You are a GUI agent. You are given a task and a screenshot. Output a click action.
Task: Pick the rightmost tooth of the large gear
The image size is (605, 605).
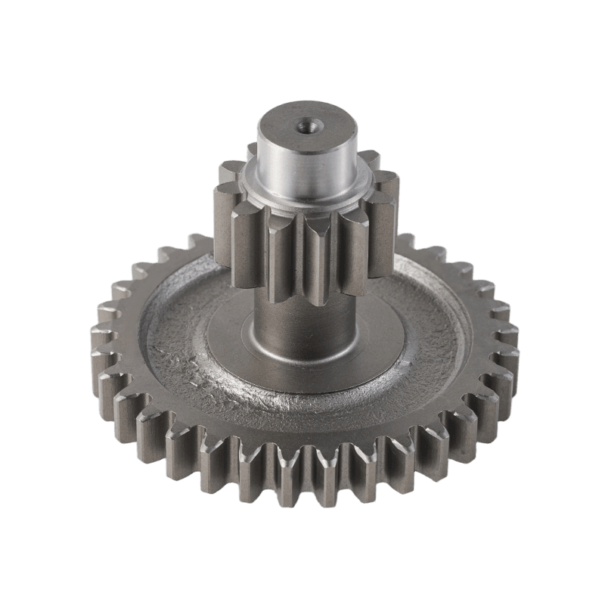(510, 333)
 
